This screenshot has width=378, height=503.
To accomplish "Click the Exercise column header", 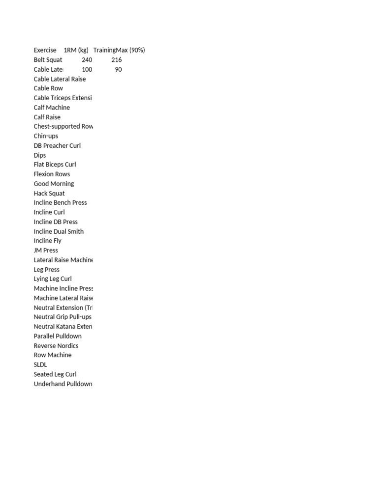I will coord(45,50).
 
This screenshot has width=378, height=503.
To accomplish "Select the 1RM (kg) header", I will coord(76,50).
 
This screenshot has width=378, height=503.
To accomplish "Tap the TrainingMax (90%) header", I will coord(119,50).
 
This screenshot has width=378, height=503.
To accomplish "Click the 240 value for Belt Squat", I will coord(87,60).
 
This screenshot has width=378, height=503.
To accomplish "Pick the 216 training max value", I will coord(116,60).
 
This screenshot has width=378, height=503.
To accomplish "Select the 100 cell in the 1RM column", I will coord(87,69).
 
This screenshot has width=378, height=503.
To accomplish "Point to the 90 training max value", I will coord(118,69).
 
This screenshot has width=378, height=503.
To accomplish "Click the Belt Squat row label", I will coord(48,60).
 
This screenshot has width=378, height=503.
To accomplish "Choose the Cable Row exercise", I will coord(48,88).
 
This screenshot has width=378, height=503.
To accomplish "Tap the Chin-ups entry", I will coord(46,136).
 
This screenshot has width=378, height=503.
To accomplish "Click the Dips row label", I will coord(40,155).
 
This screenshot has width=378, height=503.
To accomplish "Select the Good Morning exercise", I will coord(54,184).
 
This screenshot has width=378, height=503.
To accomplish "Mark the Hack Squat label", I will coord(49,194).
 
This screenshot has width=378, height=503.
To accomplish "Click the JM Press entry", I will coord(46,251).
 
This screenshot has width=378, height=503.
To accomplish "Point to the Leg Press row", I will coord(46,270).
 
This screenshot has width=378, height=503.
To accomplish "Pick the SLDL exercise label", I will coord(40,365).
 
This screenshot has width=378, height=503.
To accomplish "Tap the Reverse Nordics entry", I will coord(56,346).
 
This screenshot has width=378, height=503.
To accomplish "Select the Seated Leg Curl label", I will coord(55,374).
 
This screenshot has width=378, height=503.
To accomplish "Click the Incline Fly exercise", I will coord(47,241).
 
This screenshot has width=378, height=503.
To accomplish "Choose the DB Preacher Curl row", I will coord(57,146).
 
